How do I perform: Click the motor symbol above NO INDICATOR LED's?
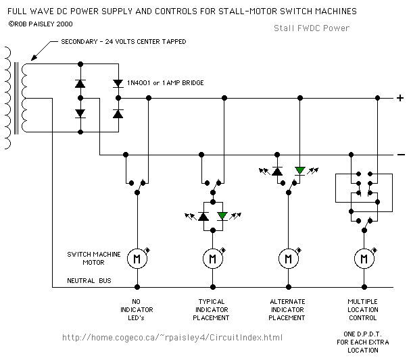pyautogui.click(x=137, y=258)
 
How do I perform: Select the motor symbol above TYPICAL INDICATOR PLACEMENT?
pyautogui.click(x=212, y=258)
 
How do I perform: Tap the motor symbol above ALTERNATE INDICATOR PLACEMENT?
pyautogui.click(x=288, y=258)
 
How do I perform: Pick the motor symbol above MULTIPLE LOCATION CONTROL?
pyautogui.click(x=364, y=258)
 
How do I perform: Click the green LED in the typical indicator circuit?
pyautogui.click(x=222, y=216)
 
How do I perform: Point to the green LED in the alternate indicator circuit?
pyautogui.click(x=299, y=171)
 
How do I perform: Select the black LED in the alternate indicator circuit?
pyautogui.click(x=277, y=171)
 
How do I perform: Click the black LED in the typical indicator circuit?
pyautogui.click(x=202, y=216)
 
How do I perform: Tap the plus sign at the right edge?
pyautogui.click(x=400, y=99)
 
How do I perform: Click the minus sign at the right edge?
pyautogui.click(x=400, y=155)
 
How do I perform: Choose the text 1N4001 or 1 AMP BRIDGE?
pyautogui.click(x=166, y=82)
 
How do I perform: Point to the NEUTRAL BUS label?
pyautogui.click(x=89, y=280)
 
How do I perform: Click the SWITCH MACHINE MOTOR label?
pyautogui.click(x=93, y=258)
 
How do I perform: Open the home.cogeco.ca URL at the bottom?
pyautogui.click(x=172, y=337)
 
